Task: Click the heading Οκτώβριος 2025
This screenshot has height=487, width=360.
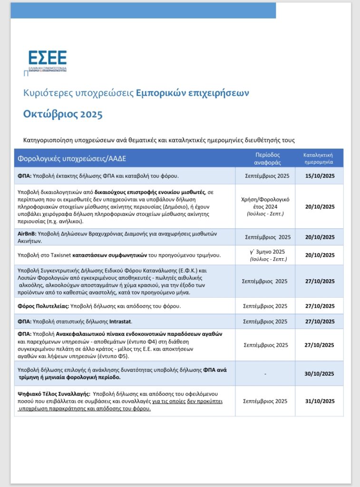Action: [x=63, y=115]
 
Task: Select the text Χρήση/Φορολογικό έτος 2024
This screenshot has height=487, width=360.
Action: [x=266, y=203]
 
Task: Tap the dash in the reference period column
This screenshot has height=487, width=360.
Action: [x=266, y=374]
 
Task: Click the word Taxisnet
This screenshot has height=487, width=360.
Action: [x=60, y=255]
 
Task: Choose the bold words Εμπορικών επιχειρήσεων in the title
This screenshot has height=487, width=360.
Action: [x=192, y=93]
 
